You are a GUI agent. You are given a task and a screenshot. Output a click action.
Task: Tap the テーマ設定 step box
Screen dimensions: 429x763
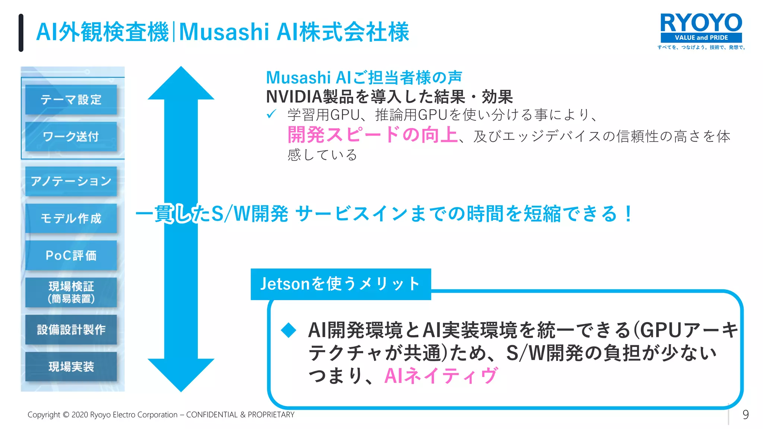pos(71,100)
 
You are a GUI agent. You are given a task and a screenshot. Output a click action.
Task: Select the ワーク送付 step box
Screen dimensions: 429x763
pos(71,137)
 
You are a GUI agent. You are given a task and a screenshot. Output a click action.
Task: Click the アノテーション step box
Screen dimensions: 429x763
pos(71,181)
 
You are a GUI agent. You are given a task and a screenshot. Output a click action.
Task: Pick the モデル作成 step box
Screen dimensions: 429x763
pos(71,218)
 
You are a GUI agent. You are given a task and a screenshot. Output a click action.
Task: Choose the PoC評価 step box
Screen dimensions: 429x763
pos(71,255)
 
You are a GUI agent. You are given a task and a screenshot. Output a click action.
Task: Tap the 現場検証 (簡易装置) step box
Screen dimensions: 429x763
pos(71,292)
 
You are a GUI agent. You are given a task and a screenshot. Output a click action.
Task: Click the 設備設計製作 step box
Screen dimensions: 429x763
pos(71,330)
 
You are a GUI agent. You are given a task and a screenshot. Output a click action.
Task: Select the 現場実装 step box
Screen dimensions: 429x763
pos(71,366)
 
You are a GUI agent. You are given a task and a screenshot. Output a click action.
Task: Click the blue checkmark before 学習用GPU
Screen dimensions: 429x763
pos(271,114)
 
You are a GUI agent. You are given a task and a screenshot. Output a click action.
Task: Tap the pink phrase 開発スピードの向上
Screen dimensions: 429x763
pos(372,135)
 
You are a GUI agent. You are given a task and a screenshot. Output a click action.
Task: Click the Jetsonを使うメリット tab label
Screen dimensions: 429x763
pos(341,284)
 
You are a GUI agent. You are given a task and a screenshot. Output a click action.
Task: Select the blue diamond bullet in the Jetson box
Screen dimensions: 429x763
pos(288,330)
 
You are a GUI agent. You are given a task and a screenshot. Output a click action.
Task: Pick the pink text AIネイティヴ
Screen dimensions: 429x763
pos(441,375)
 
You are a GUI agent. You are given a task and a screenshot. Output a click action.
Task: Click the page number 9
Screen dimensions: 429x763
pos(745,414)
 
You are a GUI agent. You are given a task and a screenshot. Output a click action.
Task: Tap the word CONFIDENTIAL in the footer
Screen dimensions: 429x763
pos(212,415)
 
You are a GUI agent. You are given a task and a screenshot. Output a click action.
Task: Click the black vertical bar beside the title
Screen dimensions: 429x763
pos(21,33)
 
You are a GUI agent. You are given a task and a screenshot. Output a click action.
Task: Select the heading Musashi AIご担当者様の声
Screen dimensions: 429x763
pos(364,77)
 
